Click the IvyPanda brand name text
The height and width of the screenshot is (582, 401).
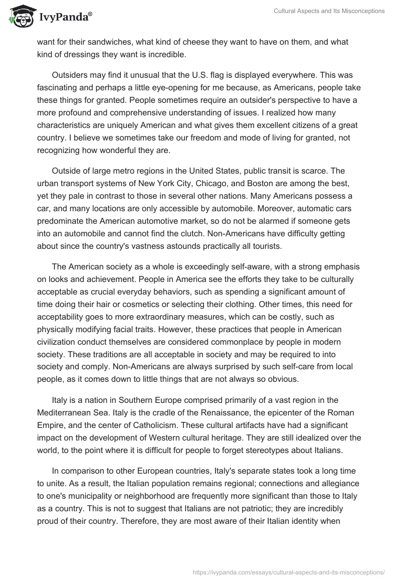click(65, 18)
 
